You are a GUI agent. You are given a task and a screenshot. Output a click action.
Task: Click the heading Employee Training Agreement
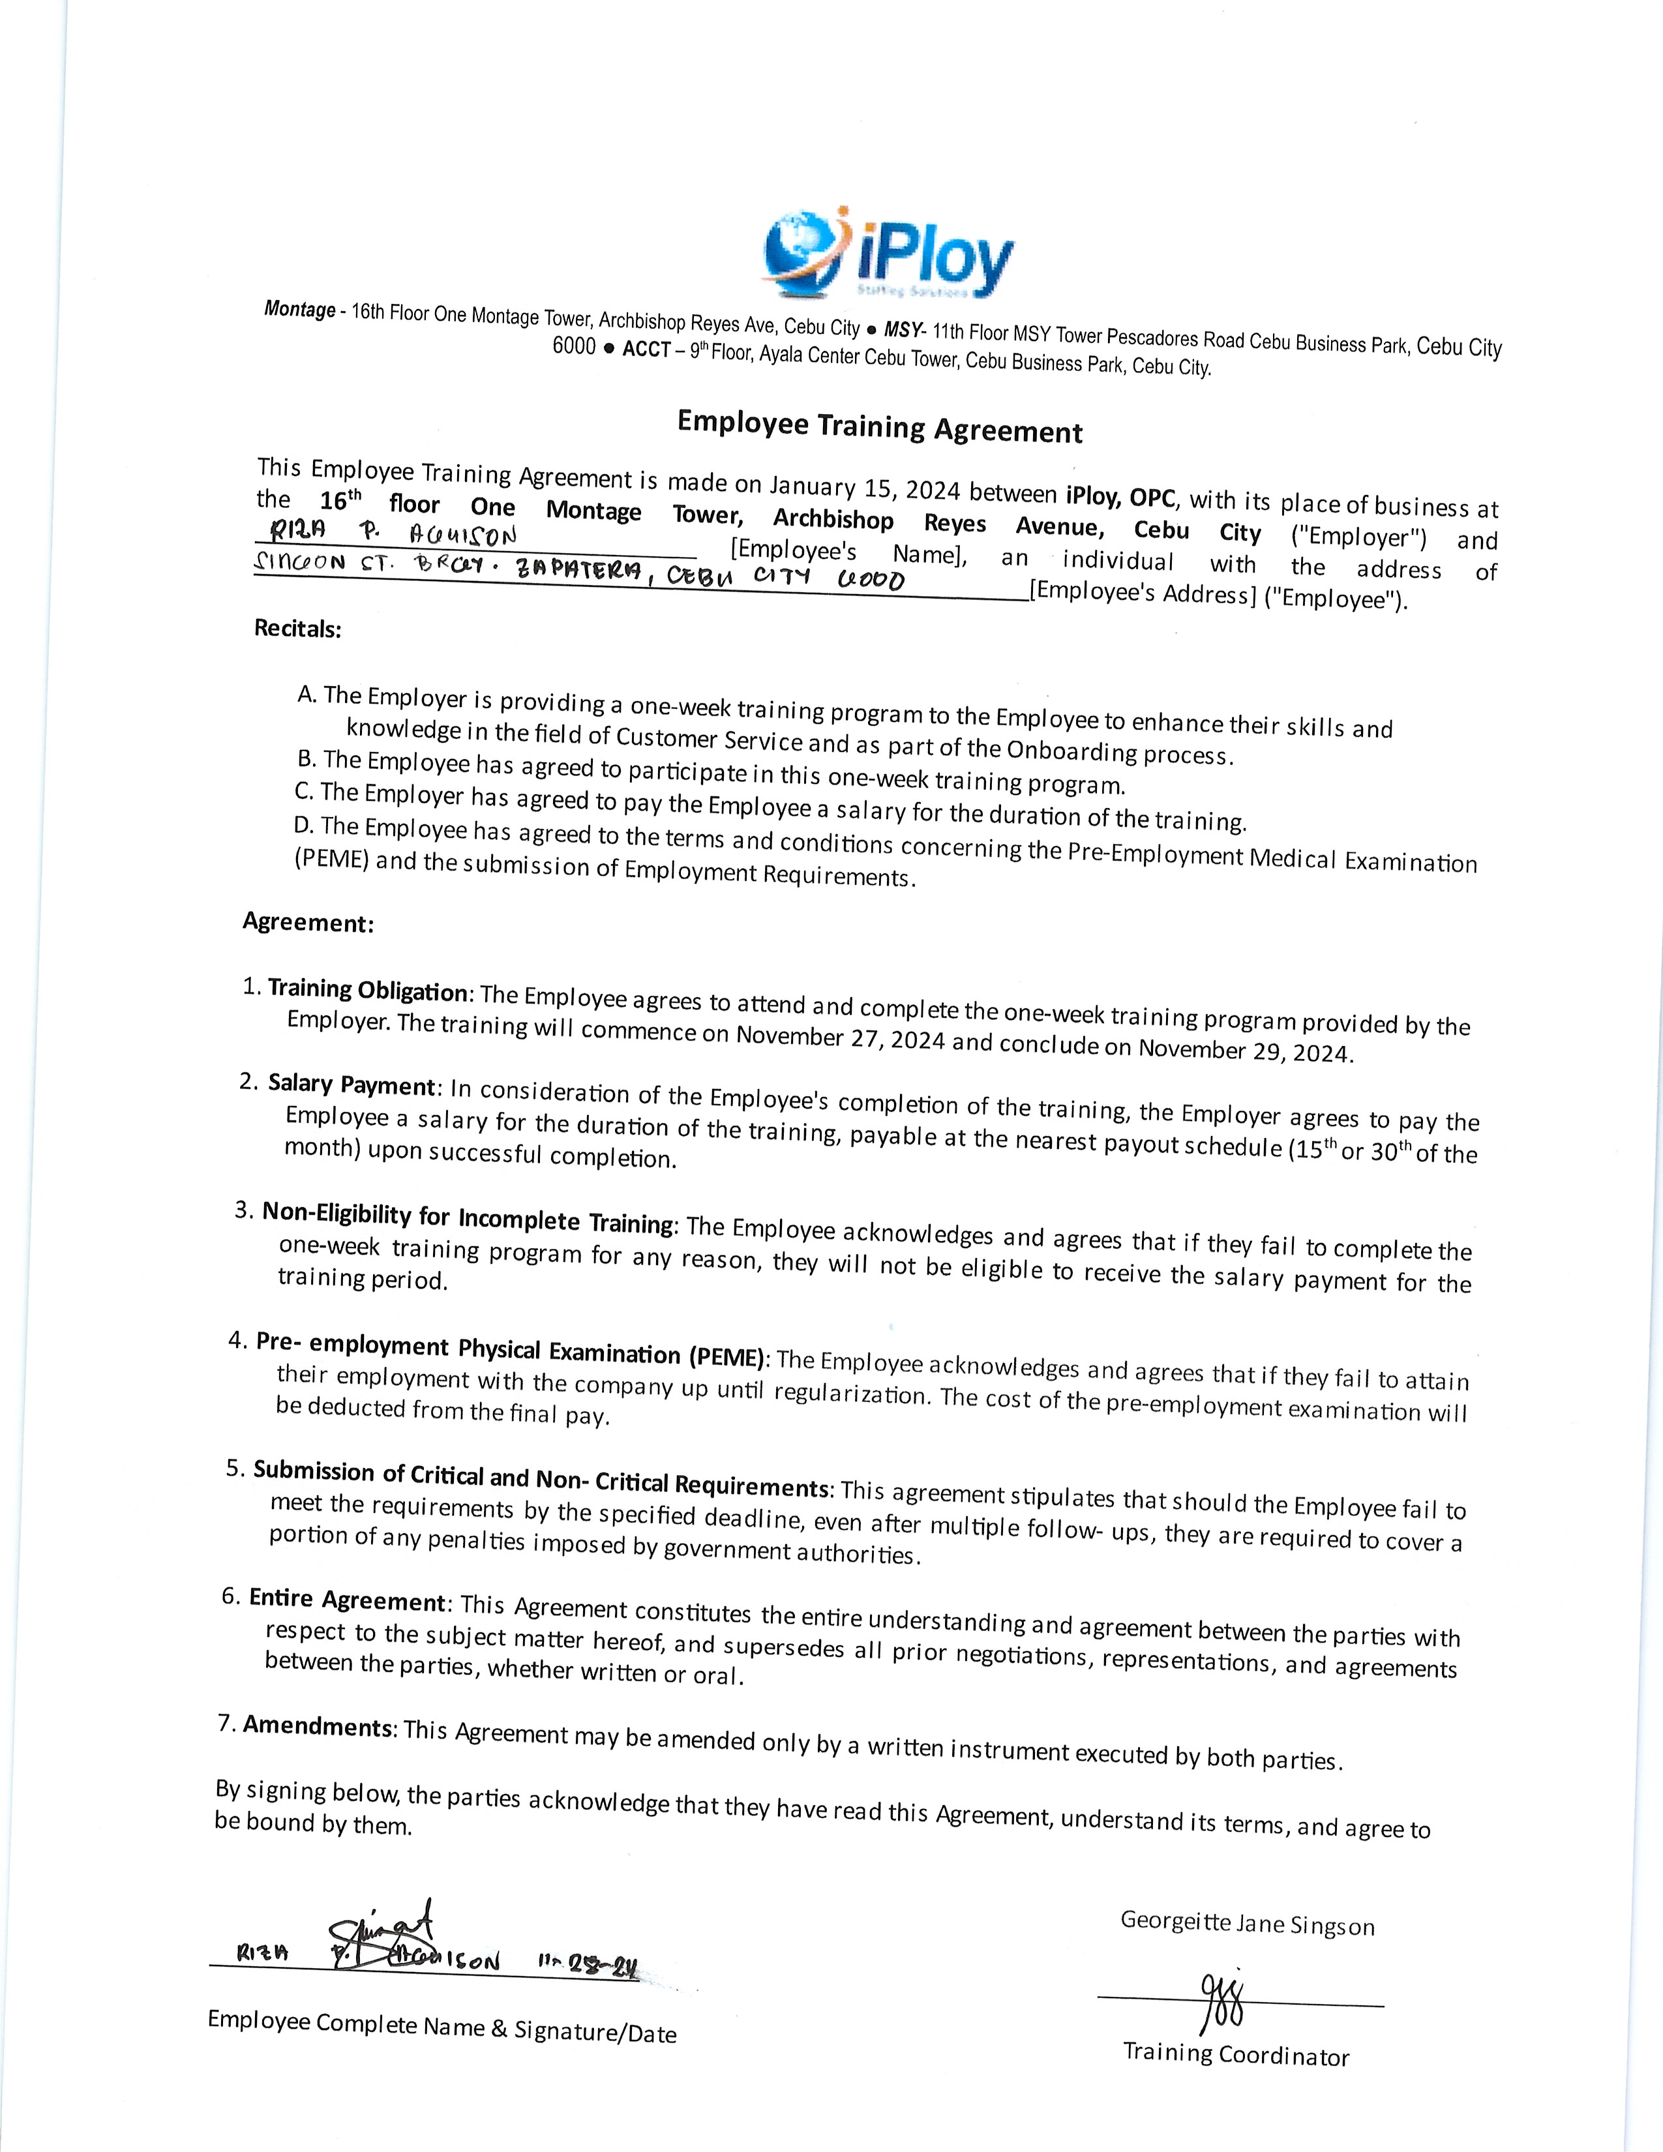coord(879,428)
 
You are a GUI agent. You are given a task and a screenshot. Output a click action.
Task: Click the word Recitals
coord(297,629)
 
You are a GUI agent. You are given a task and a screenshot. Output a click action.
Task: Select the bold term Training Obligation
coord(367,991)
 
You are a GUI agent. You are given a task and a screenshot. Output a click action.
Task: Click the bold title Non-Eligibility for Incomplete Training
coord(468,1218)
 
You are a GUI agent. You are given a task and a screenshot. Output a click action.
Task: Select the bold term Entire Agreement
coord(348,1599)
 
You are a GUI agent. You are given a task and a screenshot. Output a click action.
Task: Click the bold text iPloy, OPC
coord(1120,495)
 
